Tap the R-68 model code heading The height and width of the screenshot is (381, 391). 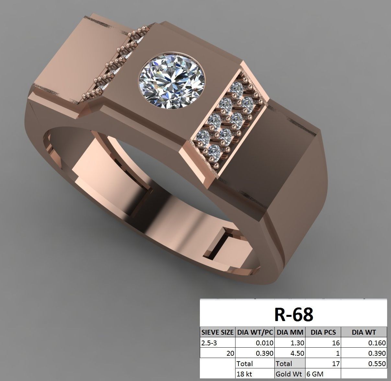click(294, 314)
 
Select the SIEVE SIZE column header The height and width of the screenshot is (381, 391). click(217, 332)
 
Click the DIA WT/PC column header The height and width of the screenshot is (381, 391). click(255, 332)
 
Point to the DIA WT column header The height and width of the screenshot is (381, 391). click(364, 332)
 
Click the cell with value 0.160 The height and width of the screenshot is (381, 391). click(364, 343)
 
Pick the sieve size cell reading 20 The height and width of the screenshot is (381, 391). click(217, 353)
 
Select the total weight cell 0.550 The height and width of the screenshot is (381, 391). click(364, 364)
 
